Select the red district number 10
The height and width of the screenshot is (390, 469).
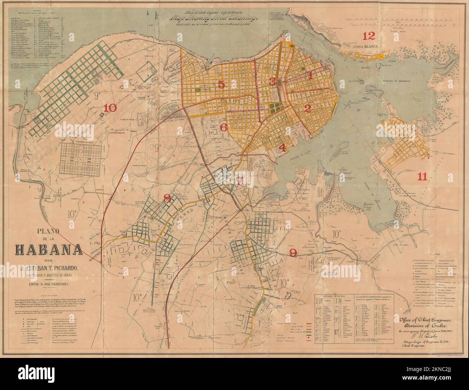point(110,108)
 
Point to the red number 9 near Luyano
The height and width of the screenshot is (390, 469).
point(294,253)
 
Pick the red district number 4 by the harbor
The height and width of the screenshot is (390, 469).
point(282,147)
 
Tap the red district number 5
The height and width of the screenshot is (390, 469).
point(221,84)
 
